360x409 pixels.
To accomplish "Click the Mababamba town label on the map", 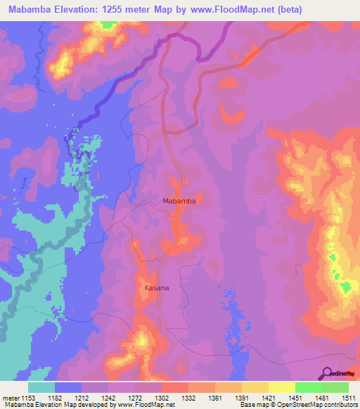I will point(179,201).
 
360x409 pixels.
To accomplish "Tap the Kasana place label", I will point(156,289).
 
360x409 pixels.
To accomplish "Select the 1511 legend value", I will point(349,398).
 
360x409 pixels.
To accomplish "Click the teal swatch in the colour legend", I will point(41,387).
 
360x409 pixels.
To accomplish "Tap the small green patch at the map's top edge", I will point(108,25).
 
